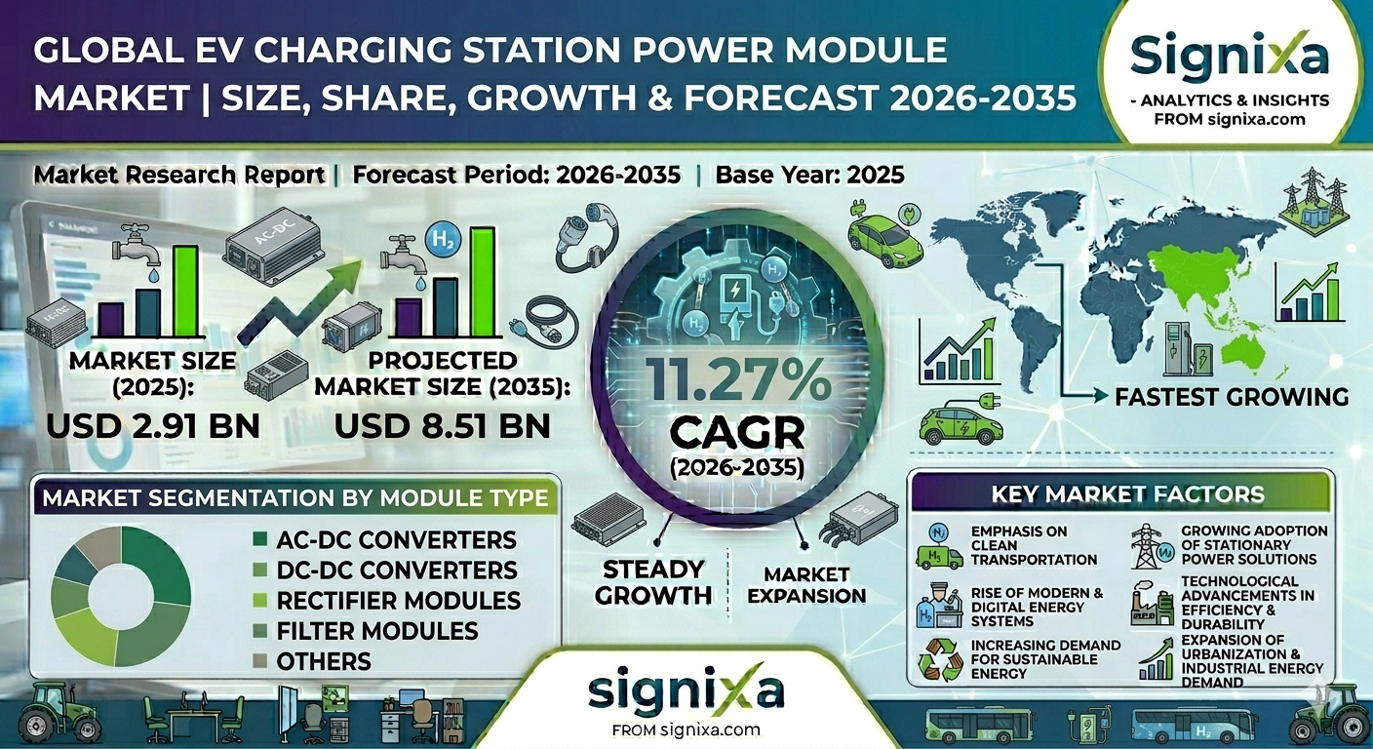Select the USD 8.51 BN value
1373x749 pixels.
pyautogui.click(x=442, y=425)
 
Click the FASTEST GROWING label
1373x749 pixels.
pyautogui.click(x=1232, y=397)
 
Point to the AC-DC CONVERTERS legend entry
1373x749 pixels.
pyautogui.click(x=396, y=539)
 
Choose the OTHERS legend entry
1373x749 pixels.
pyautogui.click(x=324, y=661)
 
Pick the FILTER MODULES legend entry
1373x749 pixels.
pyautogui.click(x=377, y=631)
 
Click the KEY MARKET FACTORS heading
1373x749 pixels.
pyautogui.click(x=1127, y=493)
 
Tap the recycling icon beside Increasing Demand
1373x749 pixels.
pyautogui.click(x=941, y=660)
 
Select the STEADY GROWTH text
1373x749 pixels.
pyautogui.click(x=652, y=581)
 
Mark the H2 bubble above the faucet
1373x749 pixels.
pyautogui.click(x=438, y=240)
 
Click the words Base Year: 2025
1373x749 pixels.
pyautogui.click(x=809, y=176)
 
